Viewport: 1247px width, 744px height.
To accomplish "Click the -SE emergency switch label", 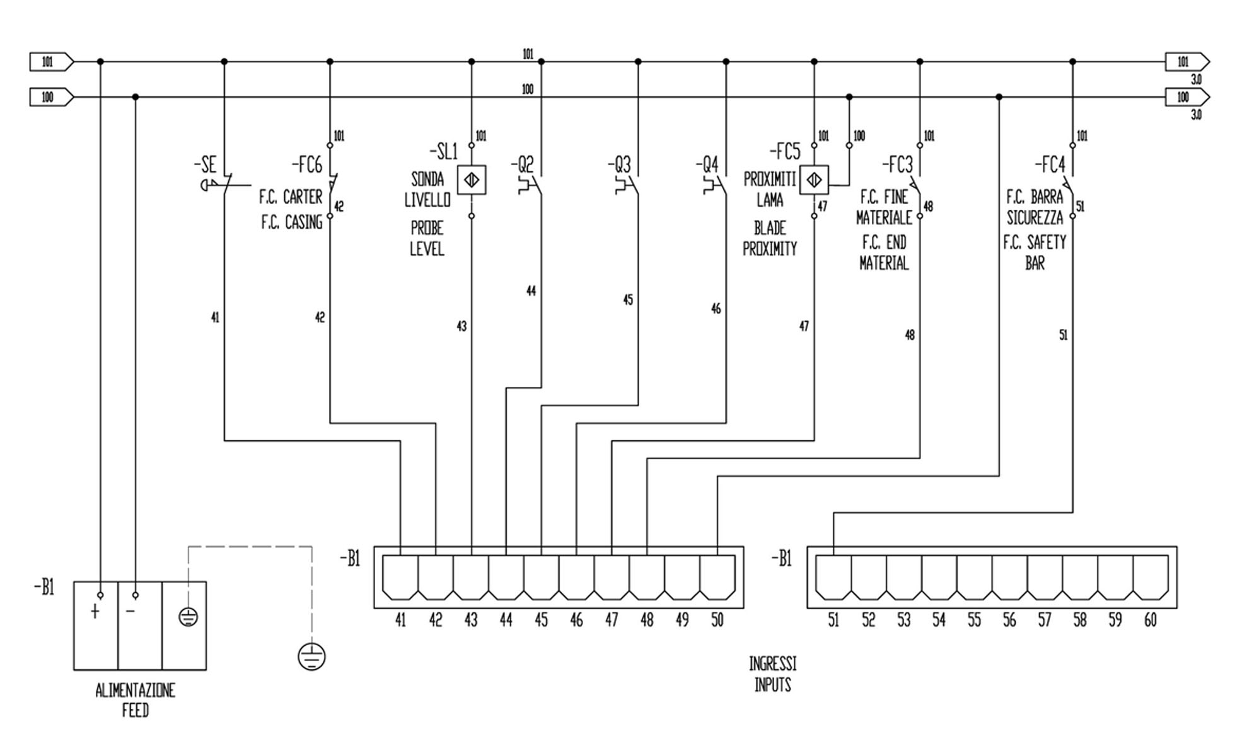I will click(206, 165).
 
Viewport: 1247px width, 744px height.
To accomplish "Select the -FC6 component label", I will click(307, 165).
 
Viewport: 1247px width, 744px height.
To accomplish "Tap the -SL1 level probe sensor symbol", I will click(472, 180).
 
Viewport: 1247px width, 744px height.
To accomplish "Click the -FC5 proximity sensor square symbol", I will click(814, 181).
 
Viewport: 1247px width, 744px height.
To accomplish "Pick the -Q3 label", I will click(619, 165).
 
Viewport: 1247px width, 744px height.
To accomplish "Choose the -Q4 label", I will click(707, 165).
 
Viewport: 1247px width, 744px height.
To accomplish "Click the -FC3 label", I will click(897, 165).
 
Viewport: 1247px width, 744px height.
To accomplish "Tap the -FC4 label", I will click(1050, 165).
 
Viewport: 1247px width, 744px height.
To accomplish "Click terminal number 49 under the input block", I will click(682, 621).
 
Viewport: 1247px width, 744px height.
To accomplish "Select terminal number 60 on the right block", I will click(1150, 621).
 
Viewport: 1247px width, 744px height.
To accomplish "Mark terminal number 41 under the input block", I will click(400, 621).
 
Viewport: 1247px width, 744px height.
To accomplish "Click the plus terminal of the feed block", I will click(95, 611).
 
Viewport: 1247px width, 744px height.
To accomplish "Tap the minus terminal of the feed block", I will click(130, 611).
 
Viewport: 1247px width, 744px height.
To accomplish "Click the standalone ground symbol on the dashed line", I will click(311, 657).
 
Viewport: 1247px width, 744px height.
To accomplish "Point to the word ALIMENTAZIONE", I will click(135, 691).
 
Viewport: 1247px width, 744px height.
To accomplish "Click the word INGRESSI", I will click(772, 664).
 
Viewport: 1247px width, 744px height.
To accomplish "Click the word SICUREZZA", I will click(1035, 218).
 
